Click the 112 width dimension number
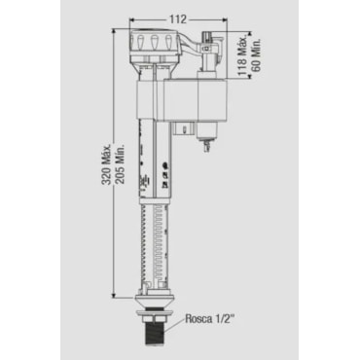pos(178,19)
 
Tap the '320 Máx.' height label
pos(107,163)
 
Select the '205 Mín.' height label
pos(121,164)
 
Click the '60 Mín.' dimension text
pos(256,55)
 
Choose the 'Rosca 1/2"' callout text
pos(209,319)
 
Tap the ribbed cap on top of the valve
pos(155,41)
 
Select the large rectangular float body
pos(182,99)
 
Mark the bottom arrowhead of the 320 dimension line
pos(114,295)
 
